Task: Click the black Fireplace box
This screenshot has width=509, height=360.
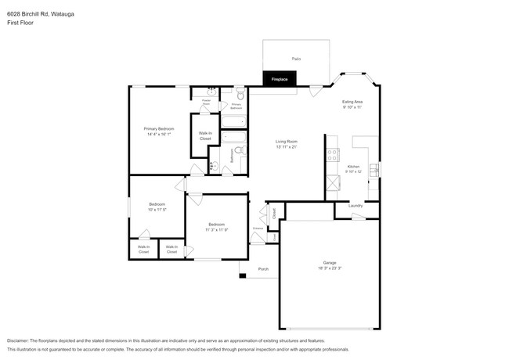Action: [x=279, y=79]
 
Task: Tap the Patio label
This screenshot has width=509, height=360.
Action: [x=296, y=59]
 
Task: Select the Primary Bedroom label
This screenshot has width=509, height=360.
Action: [x=158, y=128]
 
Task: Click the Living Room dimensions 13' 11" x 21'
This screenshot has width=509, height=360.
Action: [x=286, y=147]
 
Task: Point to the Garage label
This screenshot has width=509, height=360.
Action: [x=330, y=262]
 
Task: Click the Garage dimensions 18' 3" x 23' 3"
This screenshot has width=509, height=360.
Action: [x=330, y=268]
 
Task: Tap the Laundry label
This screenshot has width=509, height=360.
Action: [x=355, y=206]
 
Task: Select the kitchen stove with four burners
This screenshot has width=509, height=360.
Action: [x=332, y=152]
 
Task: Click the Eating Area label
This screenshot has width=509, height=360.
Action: [x=352, y=102]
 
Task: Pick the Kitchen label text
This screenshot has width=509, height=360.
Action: [x=353, y=167]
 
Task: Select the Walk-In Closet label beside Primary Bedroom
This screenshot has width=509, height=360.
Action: [x=204, y=136]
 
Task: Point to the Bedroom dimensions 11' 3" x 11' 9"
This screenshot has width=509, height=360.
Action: [x=216, y=230]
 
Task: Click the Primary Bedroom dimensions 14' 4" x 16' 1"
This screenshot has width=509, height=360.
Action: [x=158, y=135]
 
